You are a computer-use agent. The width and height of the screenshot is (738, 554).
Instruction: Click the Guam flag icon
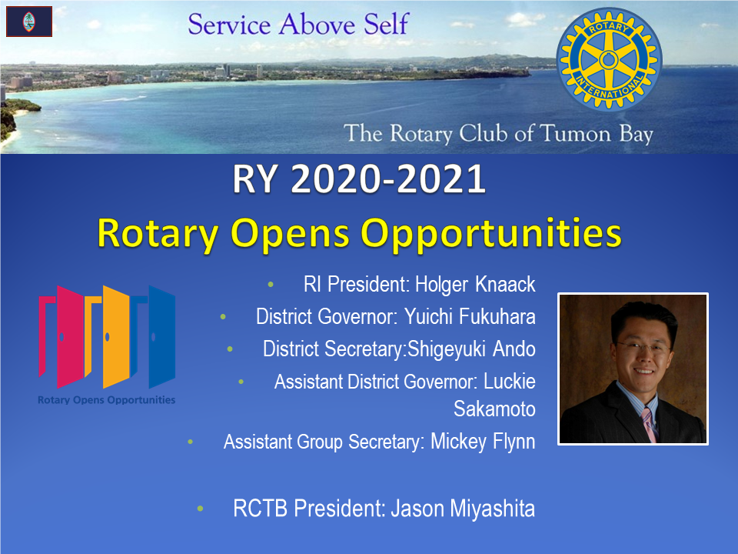(29, 22)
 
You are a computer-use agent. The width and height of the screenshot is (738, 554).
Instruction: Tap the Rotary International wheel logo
(609, 60)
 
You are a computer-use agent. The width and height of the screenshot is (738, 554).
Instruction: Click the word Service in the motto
(229, 24)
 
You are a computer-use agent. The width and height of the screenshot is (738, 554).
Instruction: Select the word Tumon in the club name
(575, 133)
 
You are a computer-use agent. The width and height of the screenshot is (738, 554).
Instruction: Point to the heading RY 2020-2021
(359, 179)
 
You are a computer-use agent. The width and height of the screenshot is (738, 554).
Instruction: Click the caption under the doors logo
(106, 400)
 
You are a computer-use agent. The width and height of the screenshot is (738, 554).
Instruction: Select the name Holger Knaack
(475, 285)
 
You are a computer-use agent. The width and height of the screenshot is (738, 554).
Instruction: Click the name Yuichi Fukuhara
(470, 316)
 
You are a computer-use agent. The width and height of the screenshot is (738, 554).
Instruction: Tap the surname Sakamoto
(494, 409)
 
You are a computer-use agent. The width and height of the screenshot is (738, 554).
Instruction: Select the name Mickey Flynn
(483, 442)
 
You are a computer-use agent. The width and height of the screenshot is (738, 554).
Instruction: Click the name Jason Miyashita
(463, 509)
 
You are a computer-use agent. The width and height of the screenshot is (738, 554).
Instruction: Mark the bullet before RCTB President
(200, 509)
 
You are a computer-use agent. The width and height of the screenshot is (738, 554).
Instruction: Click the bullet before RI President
(271, 285)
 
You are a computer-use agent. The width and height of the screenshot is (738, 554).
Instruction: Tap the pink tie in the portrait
(649, 425)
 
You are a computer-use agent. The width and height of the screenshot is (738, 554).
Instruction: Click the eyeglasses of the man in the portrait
(643, 348)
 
